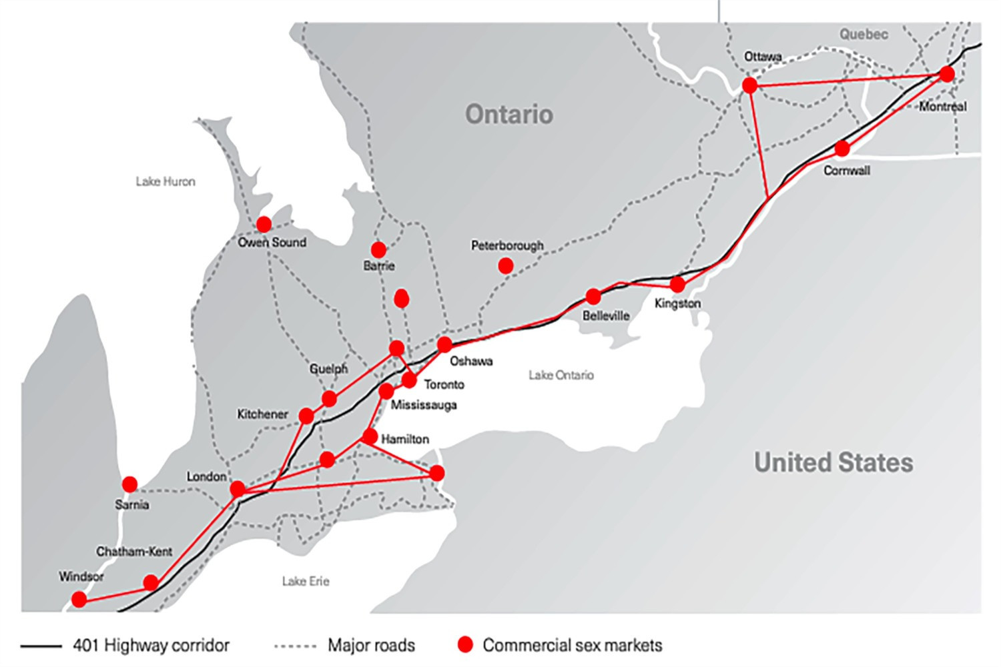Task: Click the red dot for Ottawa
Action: (749, 85)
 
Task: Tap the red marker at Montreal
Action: (946, 74)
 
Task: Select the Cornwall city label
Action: (846, 171)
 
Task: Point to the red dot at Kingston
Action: (677, 285)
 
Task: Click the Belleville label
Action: (605, 315)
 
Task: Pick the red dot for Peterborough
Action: (506, 266)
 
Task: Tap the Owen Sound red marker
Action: (264, 224)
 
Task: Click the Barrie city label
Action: (378, 265)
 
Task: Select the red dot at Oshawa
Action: (444, 345)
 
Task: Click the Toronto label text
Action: (444, 385)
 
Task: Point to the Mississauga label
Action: (424, 405)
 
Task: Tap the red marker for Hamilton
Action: (369, 437)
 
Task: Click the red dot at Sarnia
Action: (129, 484)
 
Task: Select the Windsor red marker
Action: (79, 600)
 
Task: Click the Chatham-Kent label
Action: (134, 552)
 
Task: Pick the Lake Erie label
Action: (305, 582)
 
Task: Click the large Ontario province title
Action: (509, 115)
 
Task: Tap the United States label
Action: (833, 463)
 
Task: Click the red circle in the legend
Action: (465, 644)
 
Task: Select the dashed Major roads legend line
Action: (295, 646)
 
